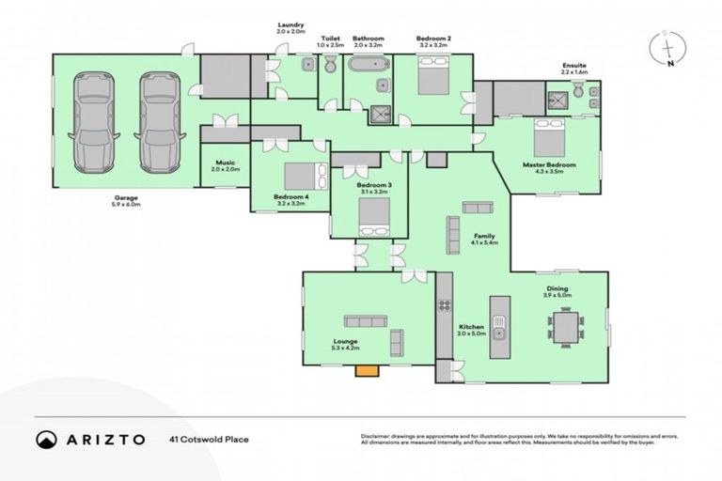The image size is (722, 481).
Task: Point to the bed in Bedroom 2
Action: click(434, 74)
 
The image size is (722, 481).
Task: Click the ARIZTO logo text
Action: click(102, 438)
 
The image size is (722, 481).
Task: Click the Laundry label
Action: click(291, 25)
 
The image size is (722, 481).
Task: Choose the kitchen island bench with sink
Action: click(500, 329)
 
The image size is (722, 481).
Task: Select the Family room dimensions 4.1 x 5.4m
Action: click(484, 242)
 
